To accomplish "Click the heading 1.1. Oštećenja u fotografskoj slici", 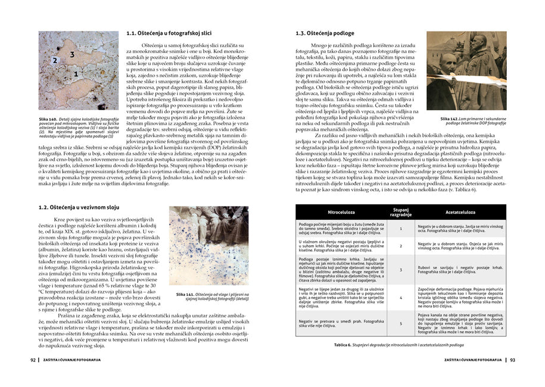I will pos(177,34).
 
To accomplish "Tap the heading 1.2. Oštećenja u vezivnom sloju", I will pos(76,208).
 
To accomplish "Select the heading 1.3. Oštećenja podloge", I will pos(325,34).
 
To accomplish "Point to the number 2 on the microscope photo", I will pos(55,61).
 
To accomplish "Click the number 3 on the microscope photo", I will pos(71,54).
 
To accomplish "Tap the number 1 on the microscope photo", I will pos(76,74).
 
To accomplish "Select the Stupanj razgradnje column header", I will pos(400,212).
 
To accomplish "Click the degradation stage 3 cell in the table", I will pos(400,270).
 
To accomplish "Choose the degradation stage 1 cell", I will pos(400,228).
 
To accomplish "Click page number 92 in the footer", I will pos(33,360).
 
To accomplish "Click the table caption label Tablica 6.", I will pos(344,345).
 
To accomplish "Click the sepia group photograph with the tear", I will pos(466,71).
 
